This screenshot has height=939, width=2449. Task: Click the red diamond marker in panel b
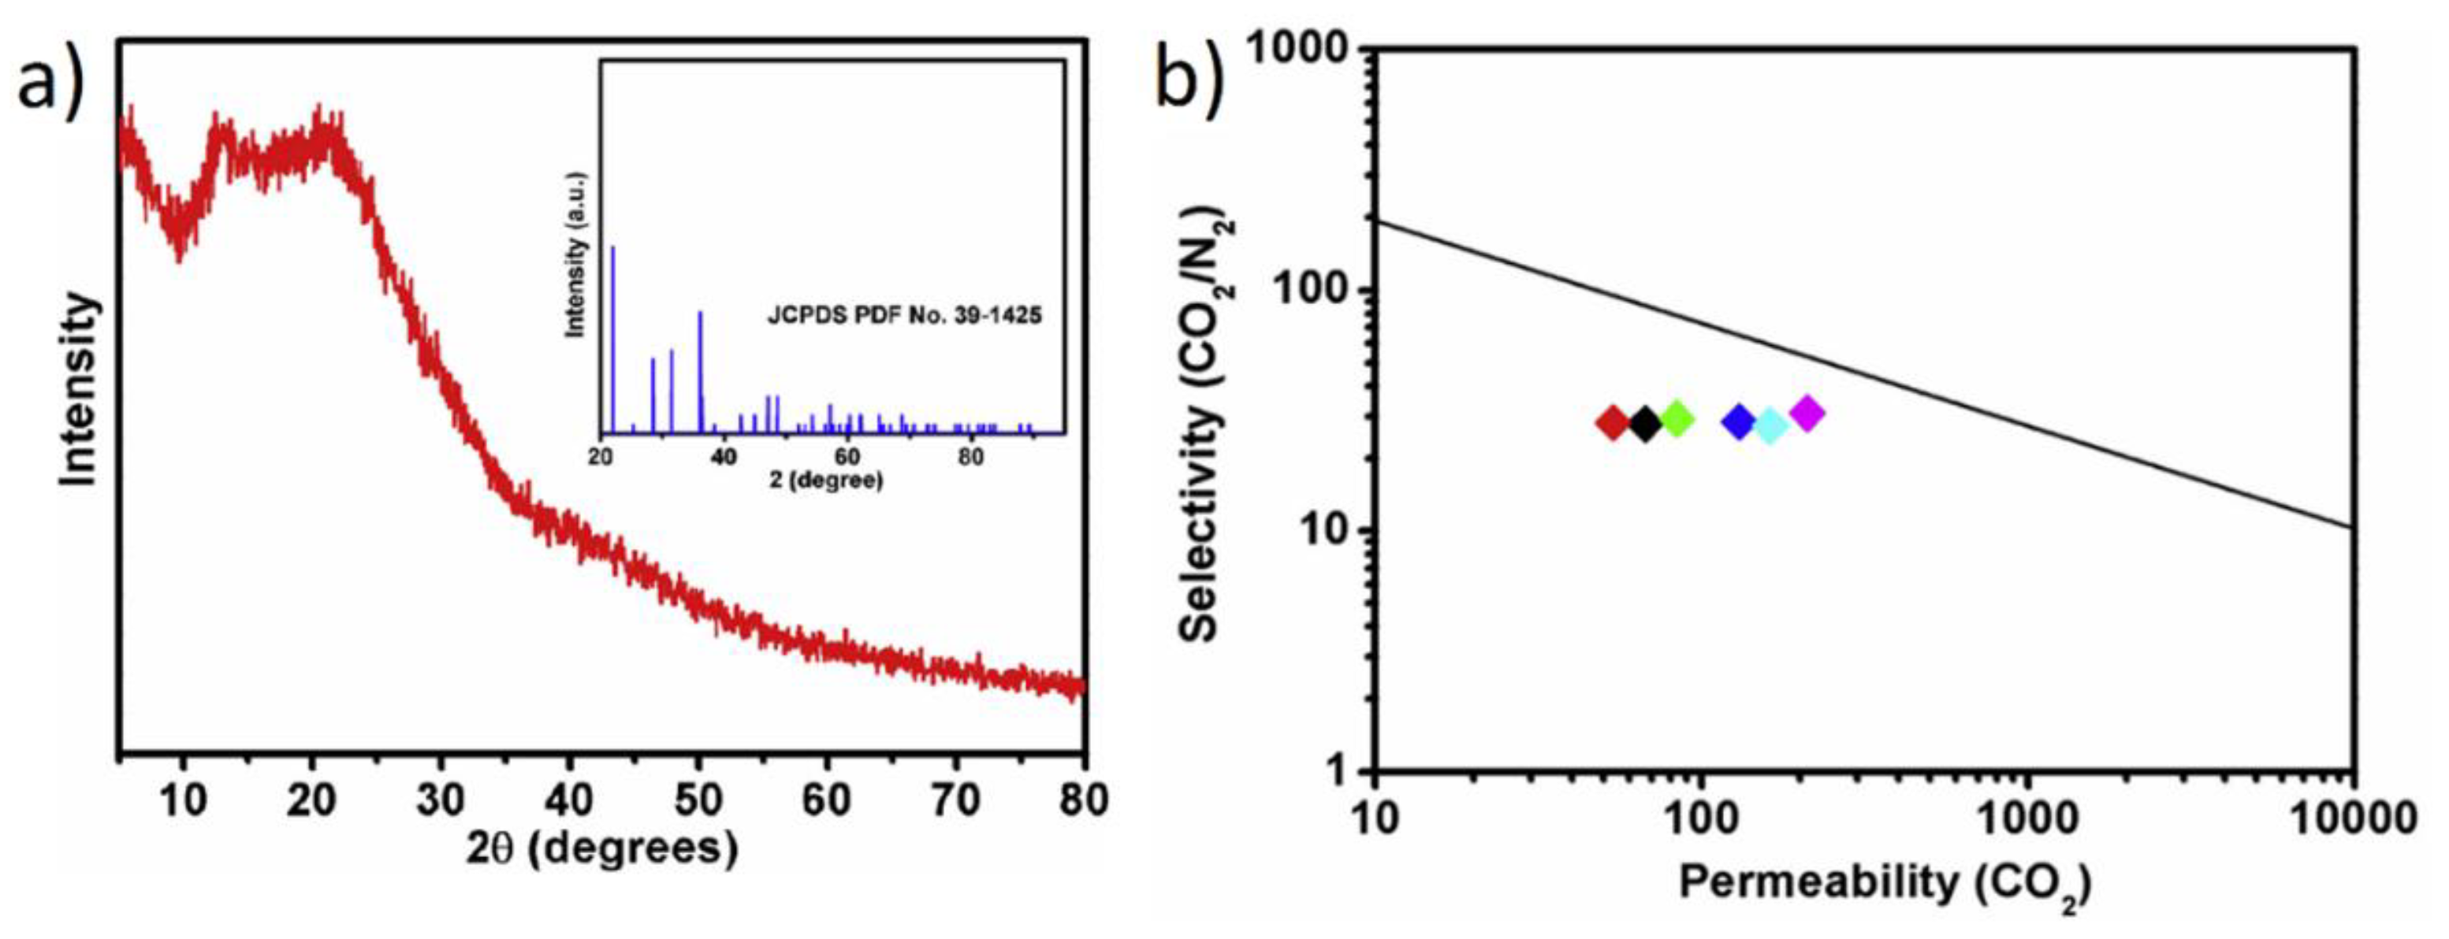pos(1613,423)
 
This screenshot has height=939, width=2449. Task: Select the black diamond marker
pos(1646,424)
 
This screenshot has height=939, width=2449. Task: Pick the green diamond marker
pos(1677,418)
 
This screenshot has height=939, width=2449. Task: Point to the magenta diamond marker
pos(1807,414)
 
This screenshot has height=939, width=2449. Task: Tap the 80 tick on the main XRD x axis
pos(1083,801)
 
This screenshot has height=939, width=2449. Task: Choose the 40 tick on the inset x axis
pos(724,456)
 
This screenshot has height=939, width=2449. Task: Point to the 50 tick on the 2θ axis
pos(698,801)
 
